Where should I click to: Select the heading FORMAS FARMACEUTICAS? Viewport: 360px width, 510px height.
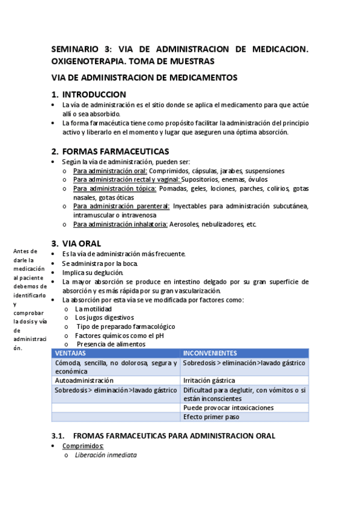[115, 151]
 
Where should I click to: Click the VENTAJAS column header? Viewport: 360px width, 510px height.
[70, 353]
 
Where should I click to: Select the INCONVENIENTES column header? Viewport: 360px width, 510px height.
[210, 353]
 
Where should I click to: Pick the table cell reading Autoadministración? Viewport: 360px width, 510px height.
[84, 381]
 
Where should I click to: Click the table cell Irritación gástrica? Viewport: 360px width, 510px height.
[209, 381]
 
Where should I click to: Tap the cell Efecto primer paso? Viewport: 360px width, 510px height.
[211, 416]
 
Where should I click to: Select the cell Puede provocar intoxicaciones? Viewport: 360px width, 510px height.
[228, 407]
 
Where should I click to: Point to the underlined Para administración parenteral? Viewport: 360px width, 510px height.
[121, 206]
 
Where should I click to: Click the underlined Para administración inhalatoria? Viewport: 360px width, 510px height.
[121, 224]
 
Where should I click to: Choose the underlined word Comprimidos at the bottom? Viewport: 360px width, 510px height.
[83, 446]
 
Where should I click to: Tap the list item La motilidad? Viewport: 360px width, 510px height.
[93, 309]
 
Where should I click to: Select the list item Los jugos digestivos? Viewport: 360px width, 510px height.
[104, 317]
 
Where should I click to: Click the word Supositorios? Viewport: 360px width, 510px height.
[203, 179]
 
